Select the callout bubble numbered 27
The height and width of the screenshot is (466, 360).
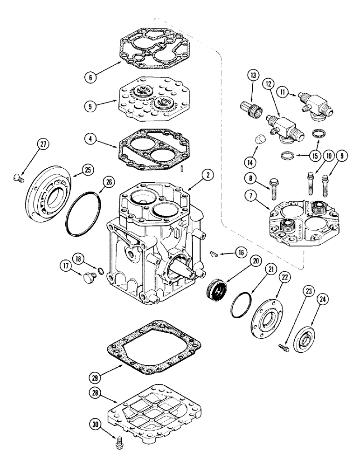pyautogui.click(x=43, y=145)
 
